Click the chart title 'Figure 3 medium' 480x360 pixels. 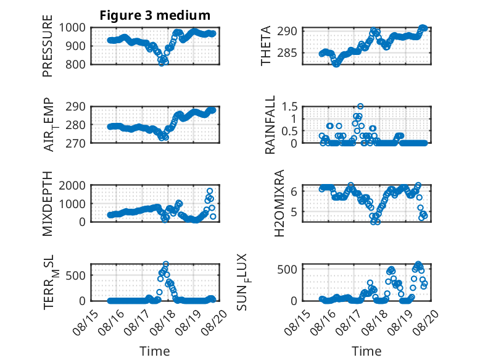[155, 15]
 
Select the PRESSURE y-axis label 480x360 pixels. [48, 46]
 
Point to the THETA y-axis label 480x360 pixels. [266, 46]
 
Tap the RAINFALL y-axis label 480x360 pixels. [270, 125]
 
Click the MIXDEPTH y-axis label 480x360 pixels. [48, 204]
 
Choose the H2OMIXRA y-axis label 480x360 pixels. [279, 203]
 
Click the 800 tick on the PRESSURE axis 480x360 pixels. [76, 64]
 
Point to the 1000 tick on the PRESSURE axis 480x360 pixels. [72, 28]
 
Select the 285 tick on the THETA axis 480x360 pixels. [287, 53]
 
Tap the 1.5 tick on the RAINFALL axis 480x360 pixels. [289, 107]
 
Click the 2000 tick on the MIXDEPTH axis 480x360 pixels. [72, 185]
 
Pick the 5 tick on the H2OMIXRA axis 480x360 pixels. [294, 211]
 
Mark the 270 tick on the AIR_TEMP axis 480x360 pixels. [76, 143]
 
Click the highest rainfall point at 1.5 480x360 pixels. [360, 106]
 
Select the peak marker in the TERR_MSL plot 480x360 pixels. [166, 264]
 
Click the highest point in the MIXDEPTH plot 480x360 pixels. [210, 191]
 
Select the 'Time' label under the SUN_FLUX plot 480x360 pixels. [366, 351]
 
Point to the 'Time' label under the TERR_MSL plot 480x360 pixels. [155, 351]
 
